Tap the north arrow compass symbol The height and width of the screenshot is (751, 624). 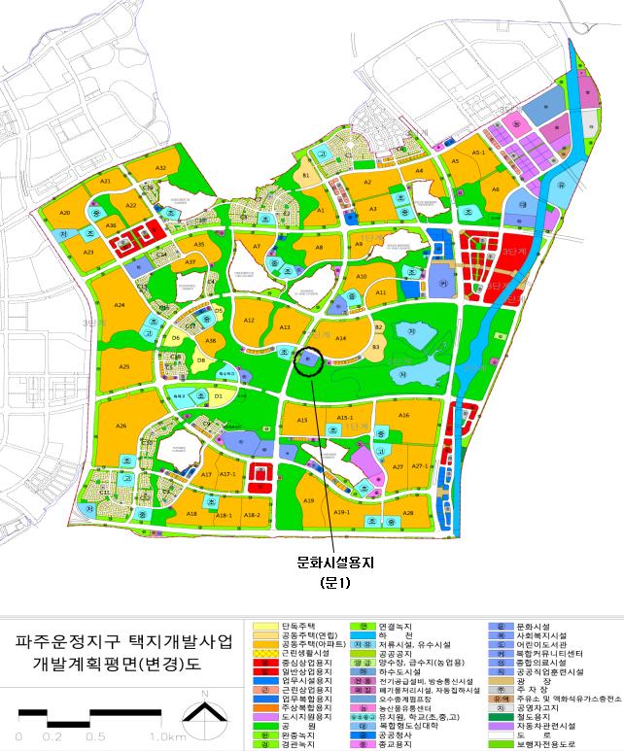pyautogui.click(x=204, y=715)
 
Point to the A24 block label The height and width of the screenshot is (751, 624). pyautogui.click(x=120, y=306)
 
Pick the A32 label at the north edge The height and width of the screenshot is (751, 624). pyautogui.click(x=161, y=169)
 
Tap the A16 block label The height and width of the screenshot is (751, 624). pyautogui.click(x=403, y=415)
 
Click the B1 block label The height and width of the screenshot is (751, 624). pyautogui.click(x=305, y=175)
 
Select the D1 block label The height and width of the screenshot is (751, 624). pyautogui.click(x=218, y=396)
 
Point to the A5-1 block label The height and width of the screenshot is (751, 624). pyautogui.click(x=477, y=154)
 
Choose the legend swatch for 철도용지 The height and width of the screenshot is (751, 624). pyautogui.click(x=500, y=717)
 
